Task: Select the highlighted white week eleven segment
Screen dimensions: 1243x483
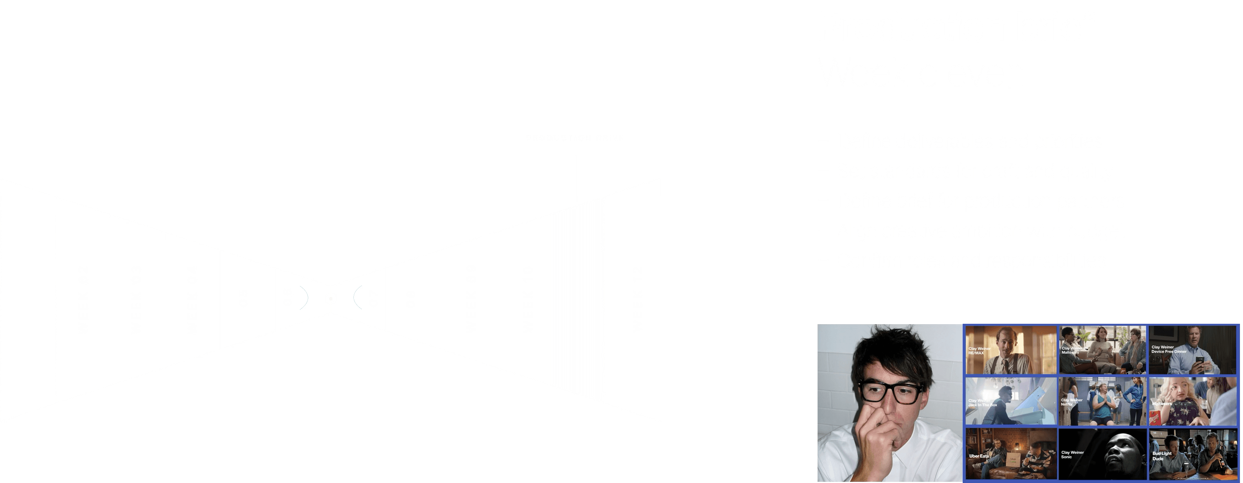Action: [577, 299]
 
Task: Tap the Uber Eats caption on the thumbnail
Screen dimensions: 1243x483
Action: [979, 456]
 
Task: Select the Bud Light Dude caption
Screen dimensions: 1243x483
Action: [1162, 456]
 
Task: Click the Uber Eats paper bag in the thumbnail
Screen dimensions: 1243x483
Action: [1013, 461]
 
